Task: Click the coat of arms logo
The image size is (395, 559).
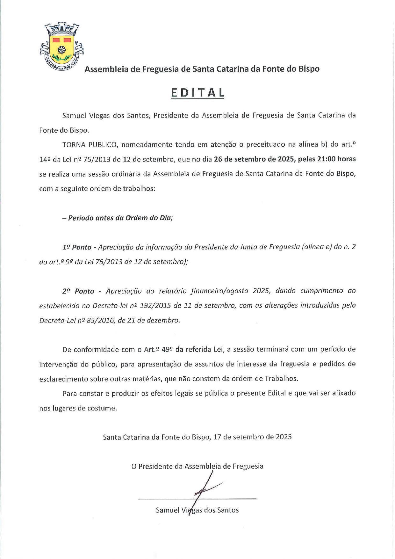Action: pyautogui.click(x=61, y=47)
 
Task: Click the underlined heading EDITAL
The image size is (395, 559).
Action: pyautogui.click(x=197, y=92)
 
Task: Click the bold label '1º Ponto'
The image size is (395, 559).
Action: pyautogui.click(x=77, y=247)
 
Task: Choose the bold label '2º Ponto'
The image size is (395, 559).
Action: pyautogui.click(x=78, y=291)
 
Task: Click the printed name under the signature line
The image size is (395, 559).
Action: pyautogui.click(x=197, y=510)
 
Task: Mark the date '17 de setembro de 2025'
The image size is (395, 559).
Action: pyautogui.click(x=253, y=437)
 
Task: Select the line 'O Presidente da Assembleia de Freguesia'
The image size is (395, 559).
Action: pyautogui.click(x=197, y=466)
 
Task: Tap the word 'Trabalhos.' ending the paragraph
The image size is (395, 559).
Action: pyautogui.click(x=282, y=379)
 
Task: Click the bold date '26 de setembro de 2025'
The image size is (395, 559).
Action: pyautogui.click(x=254, y=159)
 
